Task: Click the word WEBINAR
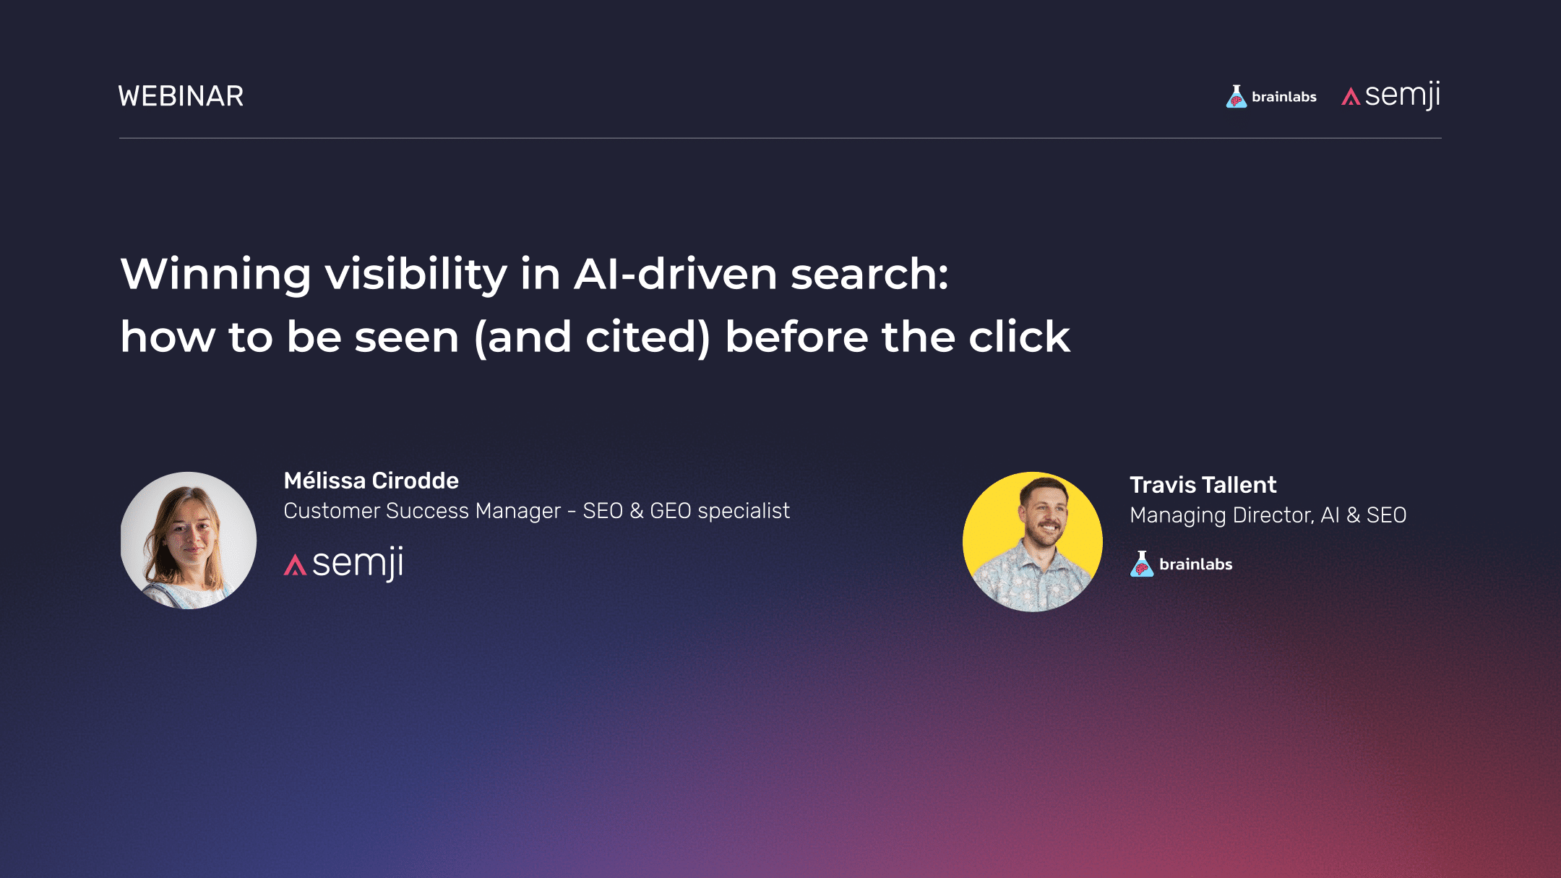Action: (x=181, y=96)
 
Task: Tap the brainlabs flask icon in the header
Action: (x=1237, y=97)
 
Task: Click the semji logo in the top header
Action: (x=1391, y=95)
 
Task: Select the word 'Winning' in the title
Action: (x=215, y=275)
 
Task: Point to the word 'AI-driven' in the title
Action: (x=676, y=275)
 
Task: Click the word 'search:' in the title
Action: (x=869, y=275)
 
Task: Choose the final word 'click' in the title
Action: (x=1019, y=337)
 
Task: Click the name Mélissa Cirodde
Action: (x=371, y=481)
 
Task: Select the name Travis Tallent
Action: (x=1203, y=485)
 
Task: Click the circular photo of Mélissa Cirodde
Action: (x=189, y=540)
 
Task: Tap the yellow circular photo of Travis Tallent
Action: (x=1033, y=542)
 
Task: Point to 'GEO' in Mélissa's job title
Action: (x=670, y=511)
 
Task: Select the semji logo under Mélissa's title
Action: (x=344, y=564)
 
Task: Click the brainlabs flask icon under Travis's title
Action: (x=1142, y=564)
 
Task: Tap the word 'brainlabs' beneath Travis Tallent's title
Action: (x=1195, y=564)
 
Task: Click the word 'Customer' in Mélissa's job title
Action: (x=331, y=511)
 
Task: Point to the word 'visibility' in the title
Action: (x=416, y=275)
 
